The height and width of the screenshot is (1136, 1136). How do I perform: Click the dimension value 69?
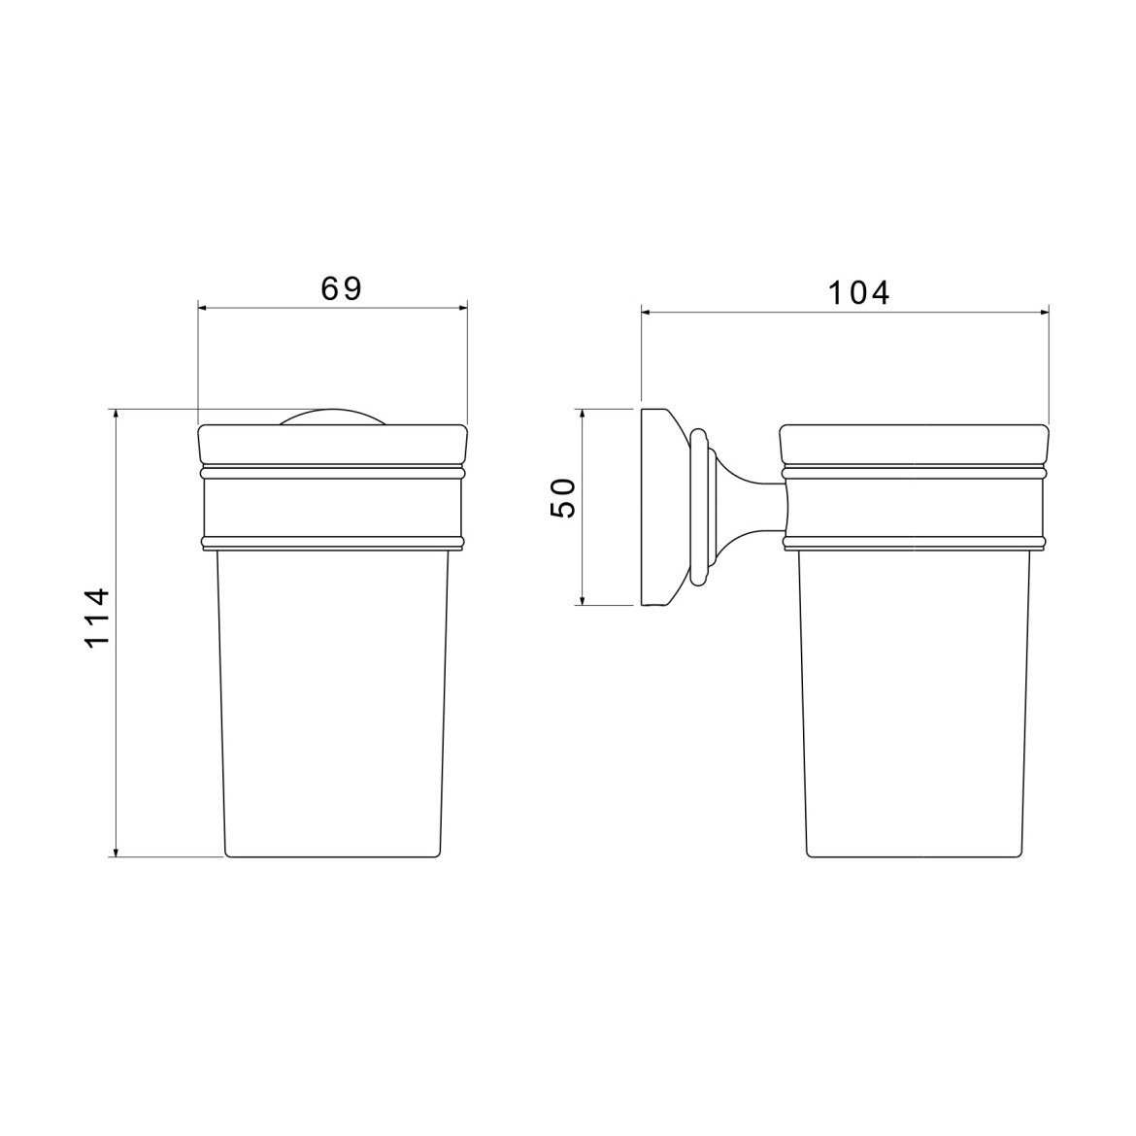click(341, 288)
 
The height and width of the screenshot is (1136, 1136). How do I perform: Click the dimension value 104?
click(858, 293)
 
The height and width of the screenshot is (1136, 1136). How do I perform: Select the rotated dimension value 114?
click(97, 618)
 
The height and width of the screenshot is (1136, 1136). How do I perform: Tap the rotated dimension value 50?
click(563, 498)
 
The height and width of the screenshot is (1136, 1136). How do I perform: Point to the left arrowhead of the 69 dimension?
click(204, 308)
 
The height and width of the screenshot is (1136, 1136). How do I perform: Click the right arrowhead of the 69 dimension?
click(462, 308)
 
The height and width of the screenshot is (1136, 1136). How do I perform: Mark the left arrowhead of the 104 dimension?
click(647, 313)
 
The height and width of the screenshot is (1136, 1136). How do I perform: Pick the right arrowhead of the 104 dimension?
click(1044, 313)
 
